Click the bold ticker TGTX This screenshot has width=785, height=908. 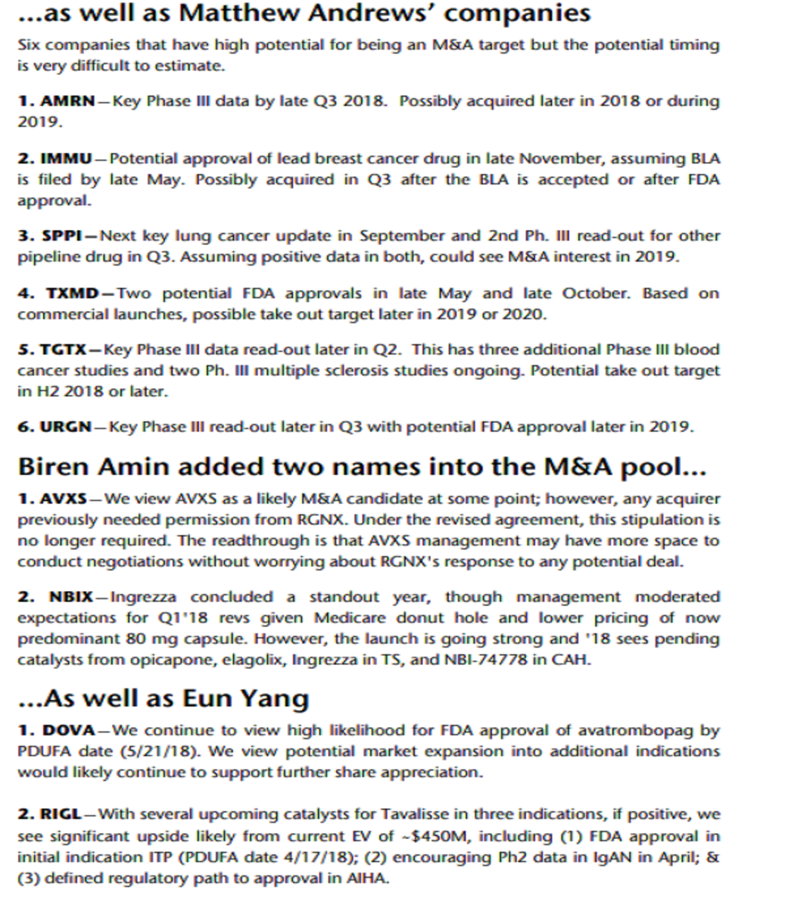click(x=64, y=350)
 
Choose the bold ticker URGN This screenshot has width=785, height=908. click(x=67, y=427)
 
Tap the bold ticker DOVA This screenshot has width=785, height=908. click(x=67, y=731)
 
